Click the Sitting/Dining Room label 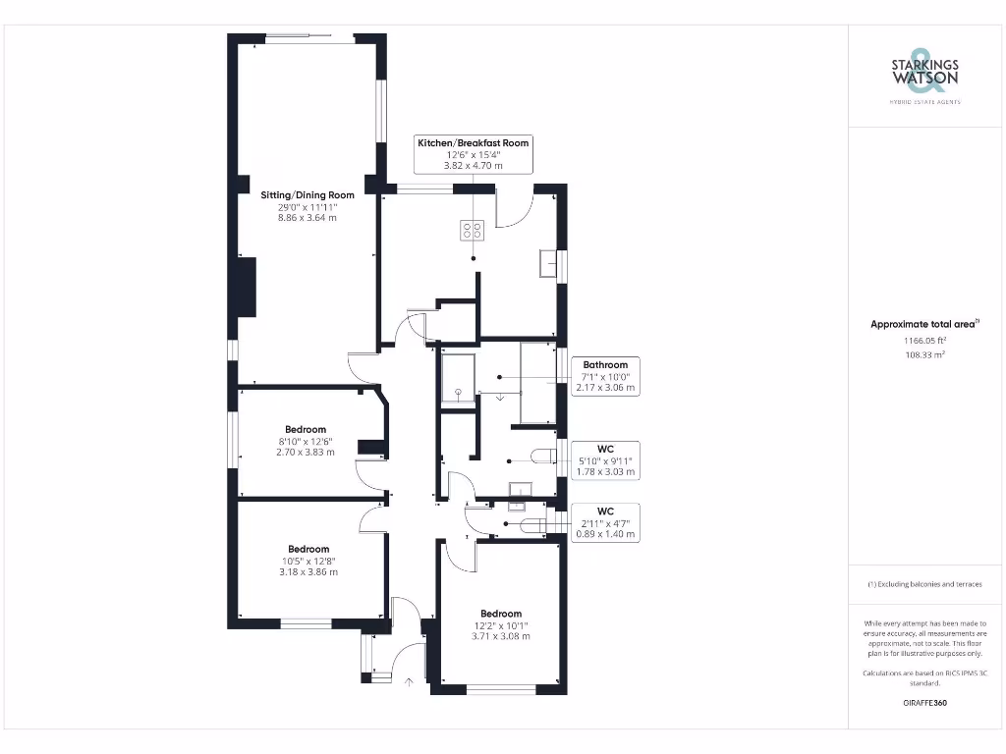click(307, 194)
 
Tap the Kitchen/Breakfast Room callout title click(473, 143)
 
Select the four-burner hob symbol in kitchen click(473, 232)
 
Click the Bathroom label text click(605, 365)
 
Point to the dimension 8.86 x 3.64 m click(307, 218)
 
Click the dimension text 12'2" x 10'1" click(500, 625)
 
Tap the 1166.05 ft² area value click(925, 340)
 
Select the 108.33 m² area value click(925, 354)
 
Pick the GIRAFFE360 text click(924, 703)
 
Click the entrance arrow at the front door click(408, 680)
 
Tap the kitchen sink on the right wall click(548, 265)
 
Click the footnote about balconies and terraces click(924, 584)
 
